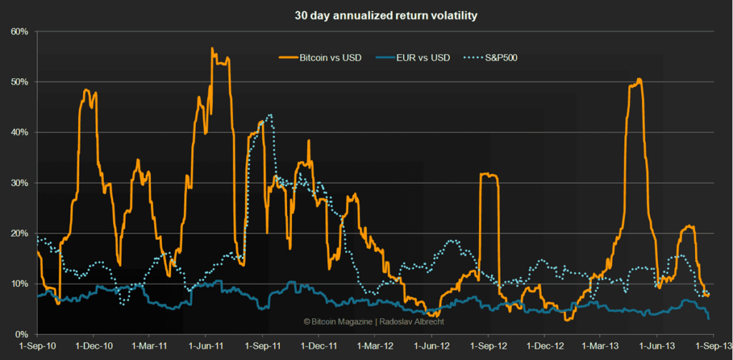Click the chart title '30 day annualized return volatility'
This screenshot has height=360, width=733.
tap(366, 14)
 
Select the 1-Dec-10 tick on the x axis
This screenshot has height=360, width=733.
tap(93, 348)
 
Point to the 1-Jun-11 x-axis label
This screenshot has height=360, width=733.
tap(206, 348)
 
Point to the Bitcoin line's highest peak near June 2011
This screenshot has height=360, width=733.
tap(213, 49)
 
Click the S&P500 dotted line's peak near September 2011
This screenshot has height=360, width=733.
tap(270, 115)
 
